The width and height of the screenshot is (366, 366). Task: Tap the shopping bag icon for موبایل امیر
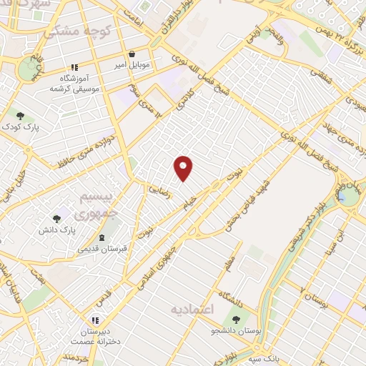[132, 54]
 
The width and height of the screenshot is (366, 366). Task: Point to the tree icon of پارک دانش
[56, 219]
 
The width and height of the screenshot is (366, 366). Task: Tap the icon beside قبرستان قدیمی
[101, 237]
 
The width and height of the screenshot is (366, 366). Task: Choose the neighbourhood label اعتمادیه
[193, 309]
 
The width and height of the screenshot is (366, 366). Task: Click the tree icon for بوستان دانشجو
[235, 319]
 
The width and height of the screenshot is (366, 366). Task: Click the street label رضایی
[159, 188]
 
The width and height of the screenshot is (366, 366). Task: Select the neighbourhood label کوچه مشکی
[70, 32]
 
